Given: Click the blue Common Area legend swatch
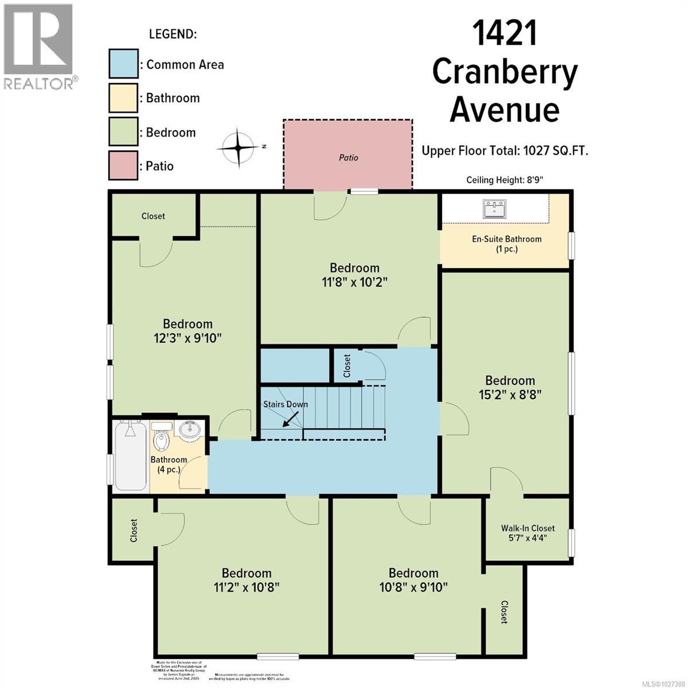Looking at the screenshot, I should (x=123, y=63).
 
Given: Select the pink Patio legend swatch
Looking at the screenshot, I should (x=123, y=166).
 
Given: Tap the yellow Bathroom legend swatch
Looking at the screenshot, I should (x=123, y=97).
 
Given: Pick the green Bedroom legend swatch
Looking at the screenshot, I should (x=123, y=132).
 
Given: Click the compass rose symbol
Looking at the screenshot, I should (x=239, y=146).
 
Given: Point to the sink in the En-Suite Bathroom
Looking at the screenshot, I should (x=494, y=209).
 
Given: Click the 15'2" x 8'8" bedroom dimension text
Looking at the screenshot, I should (x=510, y=394).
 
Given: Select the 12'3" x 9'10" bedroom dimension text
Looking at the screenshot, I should (x=187, y=338).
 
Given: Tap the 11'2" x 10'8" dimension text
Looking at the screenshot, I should (x=247, y=587).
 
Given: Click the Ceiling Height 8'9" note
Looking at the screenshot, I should (x=505, y=180).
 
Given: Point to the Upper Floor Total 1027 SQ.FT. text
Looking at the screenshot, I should (x=505, y=151).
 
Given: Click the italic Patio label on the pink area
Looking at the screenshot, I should (x=349, y=157).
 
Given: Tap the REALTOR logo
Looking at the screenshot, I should (x=39, y=46).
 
